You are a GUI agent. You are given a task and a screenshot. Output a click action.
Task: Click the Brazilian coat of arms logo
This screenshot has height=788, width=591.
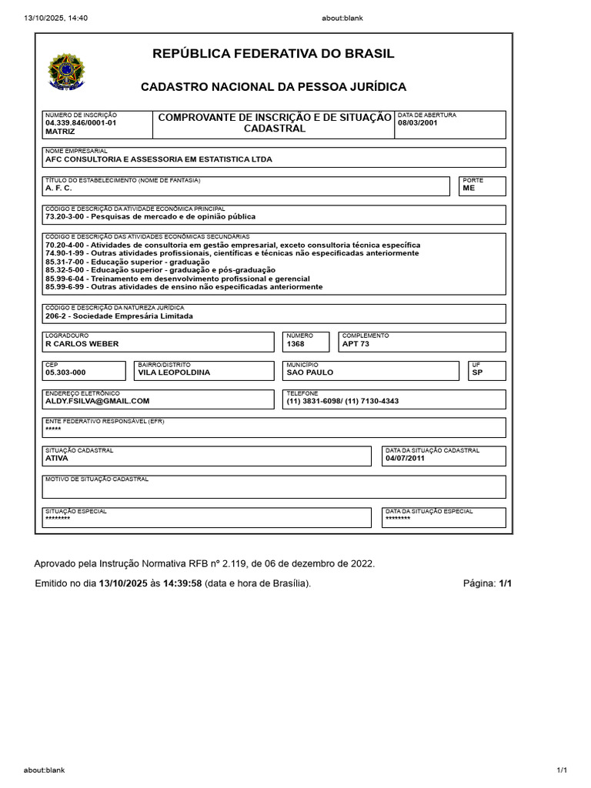pos(67,71)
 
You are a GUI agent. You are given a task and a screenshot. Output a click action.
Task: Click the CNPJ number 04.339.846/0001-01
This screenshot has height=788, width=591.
pos(81,122)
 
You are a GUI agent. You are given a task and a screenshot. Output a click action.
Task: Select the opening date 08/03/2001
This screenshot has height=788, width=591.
pos(418,122)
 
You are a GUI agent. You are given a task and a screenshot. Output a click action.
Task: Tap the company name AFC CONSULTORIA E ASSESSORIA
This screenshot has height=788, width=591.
pos(159,159)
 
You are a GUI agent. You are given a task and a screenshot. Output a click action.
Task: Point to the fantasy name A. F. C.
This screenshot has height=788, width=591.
pos(58,188)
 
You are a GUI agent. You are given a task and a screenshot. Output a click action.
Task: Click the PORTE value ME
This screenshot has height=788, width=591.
pos(469,188)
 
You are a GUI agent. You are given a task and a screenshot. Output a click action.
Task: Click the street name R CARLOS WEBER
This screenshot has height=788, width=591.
pos(82,344)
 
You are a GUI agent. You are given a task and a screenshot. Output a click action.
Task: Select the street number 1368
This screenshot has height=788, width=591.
pos(295,344)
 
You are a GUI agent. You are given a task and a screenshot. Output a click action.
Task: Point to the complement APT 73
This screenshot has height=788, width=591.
pos(356,344)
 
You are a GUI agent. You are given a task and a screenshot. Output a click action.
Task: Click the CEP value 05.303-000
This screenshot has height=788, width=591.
pos(65,372)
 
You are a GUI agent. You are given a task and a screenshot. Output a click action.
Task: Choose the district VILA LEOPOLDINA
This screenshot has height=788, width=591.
pos(174,372)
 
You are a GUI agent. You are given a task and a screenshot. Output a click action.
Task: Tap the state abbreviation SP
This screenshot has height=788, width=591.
pos(477,372)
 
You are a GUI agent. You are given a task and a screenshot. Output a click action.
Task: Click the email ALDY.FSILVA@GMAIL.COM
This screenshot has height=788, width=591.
pos(97,401)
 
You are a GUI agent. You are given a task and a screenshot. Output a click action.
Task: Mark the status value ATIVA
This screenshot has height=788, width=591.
pos(57,458)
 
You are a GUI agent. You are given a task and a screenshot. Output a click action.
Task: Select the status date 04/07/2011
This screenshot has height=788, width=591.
pos(405,458)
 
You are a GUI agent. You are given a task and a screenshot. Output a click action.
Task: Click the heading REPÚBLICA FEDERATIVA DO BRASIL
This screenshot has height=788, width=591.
pos(273,54)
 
